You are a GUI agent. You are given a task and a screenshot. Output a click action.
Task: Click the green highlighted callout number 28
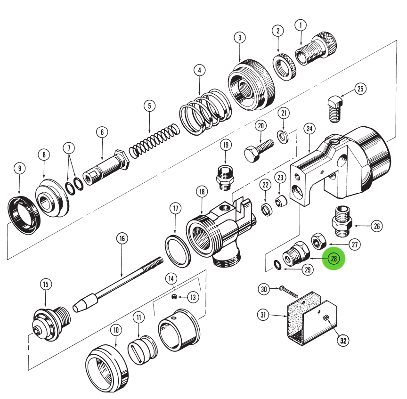[334, 259]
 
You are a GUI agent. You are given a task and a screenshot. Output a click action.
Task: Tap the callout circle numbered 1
[301, 24]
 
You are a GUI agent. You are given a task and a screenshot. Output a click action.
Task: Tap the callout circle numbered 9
[19, 168]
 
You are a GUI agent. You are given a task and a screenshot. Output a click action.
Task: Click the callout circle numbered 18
[202, 192]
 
